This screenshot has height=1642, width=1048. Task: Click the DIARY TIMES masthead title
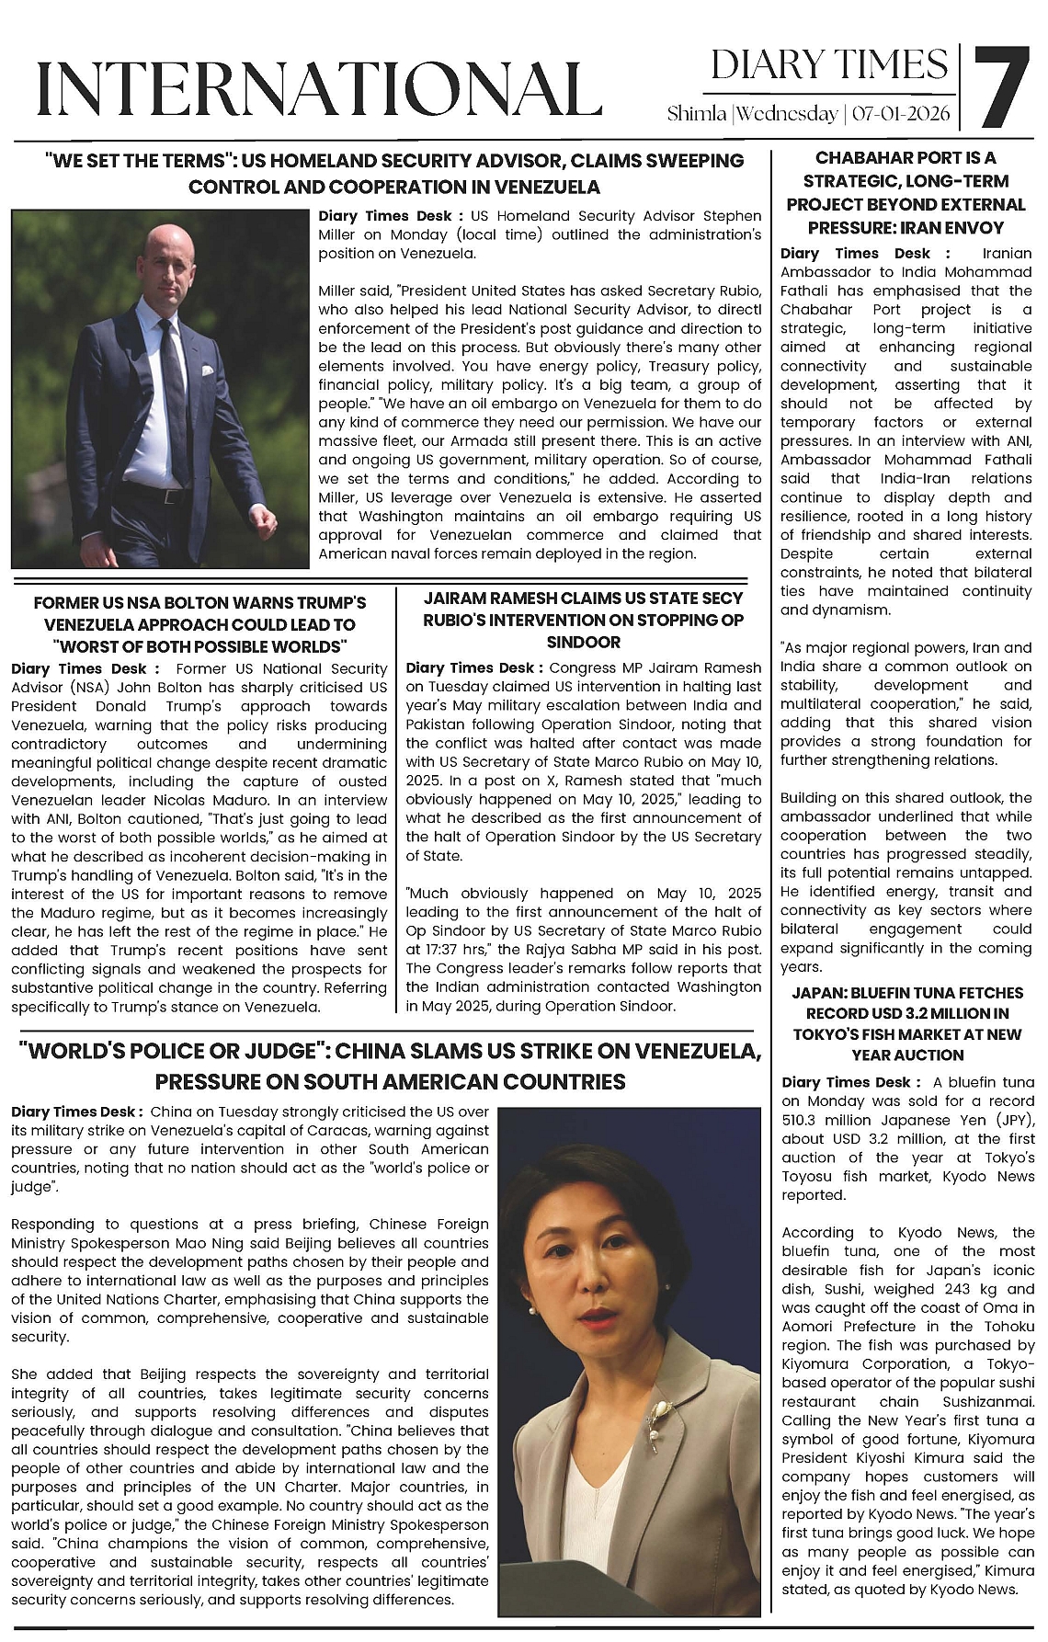tap(829, 65)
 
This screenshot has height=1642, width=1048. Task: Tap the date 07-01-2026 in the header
tap(902, 114)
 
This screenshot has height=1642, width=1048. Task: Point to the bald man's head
tap(167, 256)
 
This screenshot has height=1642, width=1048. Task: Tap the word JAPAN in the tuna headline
tap(817, 993)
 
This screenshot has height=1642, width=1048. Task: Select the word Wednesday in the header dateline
tap(787, 114)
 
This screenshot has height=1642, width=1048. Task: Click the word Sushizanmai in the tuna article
tap(985, 1402)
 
